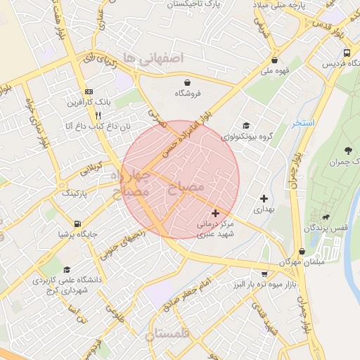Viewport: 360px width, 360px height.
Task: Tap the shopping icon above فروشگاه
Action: point(187,81)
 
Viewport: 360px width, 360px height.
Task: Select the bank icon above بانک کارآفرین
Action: point(89,92)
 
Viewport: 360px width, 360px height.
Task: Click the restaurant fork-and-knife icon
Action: point(98,115)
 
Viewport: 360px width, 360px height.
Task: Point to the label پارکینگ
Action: point(78,192)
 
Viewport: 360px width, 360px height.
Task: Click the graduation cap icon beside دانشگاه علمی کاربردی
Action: point(67,269)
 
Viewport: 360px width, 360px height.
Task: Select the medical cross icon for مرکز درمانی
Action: point(215,212)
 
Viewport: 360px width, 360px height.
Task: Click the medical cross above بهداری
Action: point(264,199)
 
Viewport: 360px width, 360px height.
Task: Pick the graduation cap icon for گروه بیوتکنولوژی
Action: point(244,125)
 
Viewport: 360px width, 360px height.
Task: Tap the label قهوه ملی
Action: point(276,70)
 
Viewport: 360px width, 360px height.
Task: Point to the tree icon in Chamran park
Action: point(349,150)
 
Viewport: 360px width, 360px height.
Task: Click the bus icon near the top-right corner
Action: point(347,53)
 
